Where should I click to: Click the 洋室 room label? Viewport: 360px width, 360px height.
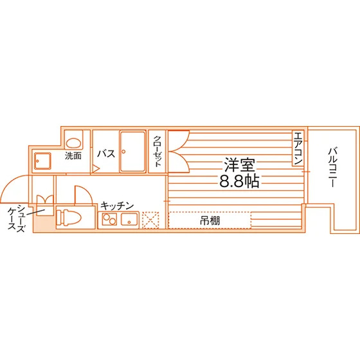pyautogui.click(x=239, y=165)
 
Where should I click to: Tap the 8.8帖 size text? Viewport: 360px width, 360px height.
pyautogui.click(x=239, y=181)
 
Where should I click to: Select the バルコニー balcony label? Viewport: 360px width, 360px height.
pyautogui.click(x=333, y=168)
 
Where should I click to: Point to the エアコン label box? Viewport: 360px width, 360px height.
pyautogui.click(x=298, y=148)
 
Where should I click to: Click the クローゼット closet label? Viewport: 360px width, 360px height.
pyautogui.click(x=157, y=151)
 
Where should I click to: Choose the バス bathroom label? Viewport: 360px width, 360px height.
pyautogui.click(x=106, y=154)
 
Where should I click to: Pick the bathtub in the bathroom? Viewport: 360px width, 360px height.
pyautogui.click(x=132, y=151)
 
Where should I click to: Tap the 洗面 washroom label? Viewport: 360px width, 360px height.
pyautogui.click(x=73, y=156)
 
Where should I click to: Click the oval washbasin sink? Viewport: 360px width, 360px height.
pyautogui.click(x=74, y=142)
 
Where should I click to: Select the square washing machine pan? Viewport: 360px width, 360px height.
pyautogui.click(x=42, y=161)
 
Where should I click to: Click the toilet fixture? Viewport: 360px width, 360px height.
pyautogui.click(x=69, y=217)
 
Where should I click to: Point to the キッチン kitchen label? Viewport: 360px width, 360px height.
pyautogui.click(x=117, y=206)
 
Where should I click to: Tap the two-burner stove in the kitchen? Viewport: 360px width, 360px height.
pyautogui.click(x=109, y=219)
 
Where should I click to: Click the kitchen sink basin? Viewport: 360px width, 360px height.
pyautogui.click(x=129, y=219)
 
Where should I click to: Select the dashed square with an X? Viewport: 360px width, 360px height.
pyautogui.click(x=150, y=220)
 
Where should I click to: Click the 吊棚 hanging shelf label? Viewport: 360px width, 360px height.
pyautogui.click(x=210, y=221)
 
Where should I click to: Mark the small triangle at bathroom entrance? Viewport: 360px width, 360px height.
pyautogui.click(x=96, y=168)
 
